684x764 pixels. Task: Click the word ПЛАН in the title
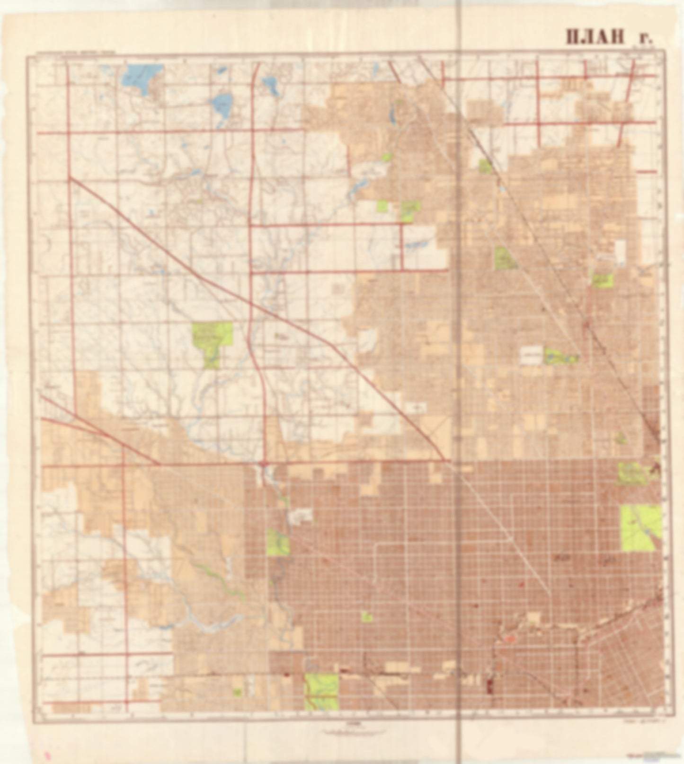point(595,36)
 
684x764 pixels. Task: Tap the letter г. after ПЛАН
point(647,38)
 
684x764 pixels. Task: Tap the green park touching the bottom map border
point(321,691)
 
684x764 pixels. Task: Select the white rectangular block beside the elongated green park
point(531,355)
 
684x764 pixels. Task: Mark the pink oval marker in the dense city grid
point(510,639)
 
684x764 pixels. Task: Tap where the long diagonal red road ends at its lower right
point(444,459)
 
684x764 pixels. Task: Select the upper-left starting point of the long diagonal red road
point(70,178)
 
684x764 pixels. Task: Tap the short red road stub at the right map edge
point(646,171)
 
